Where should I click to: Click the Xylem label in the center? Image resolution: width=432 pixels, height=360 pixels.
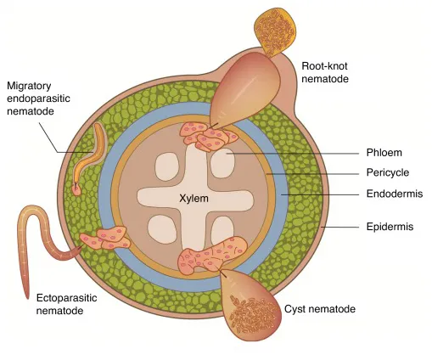tap(193, 198)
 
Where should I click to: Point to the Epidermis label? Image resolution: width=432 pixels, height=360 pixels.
tap(392, 227)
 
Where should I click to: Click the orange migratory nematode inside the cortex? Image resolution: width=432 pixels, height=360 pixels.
tap(88, 153)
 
